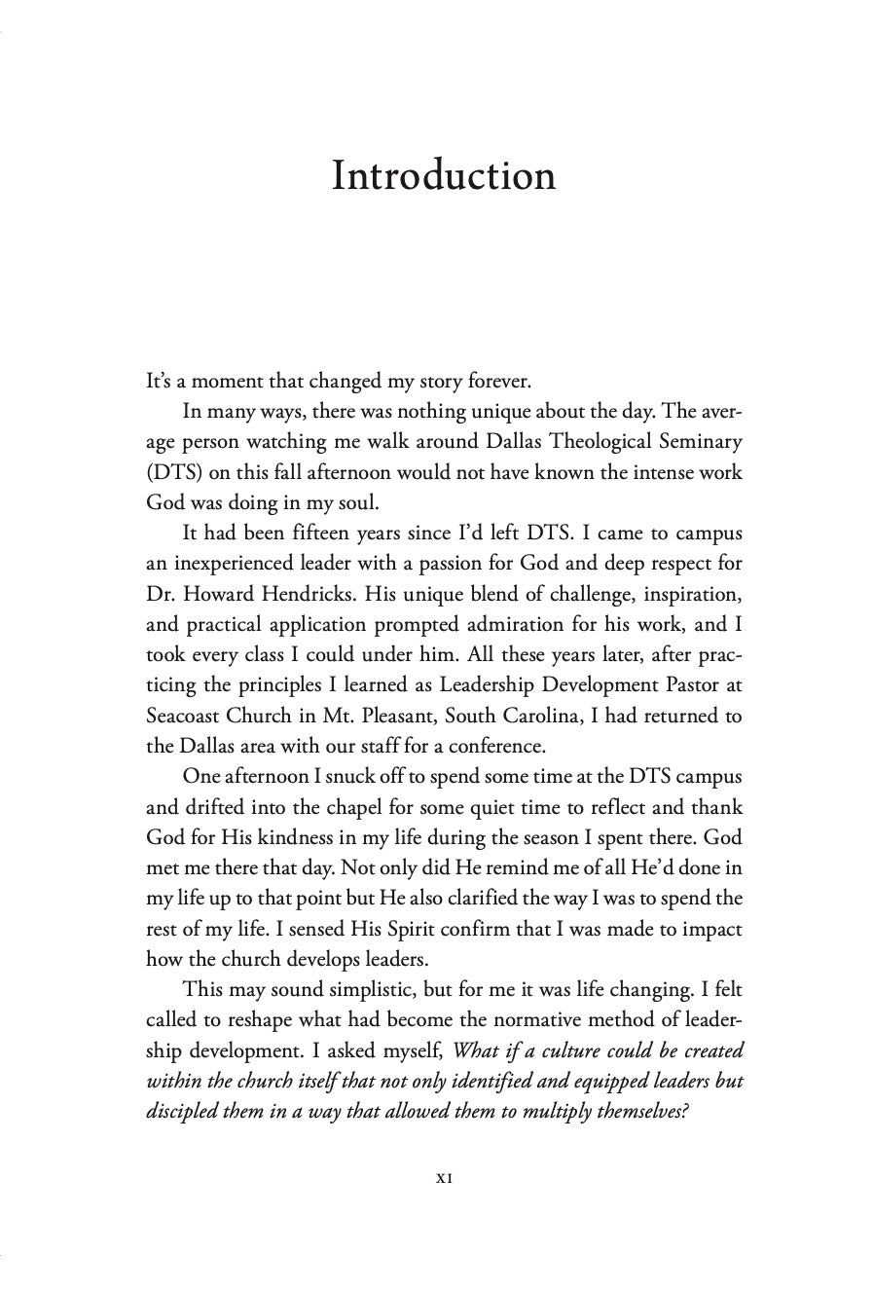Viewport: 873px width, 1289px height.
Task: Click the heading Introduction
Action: [x=444, y=176]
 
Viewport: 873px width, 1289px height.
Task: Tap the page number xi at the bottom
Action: [x=444, y=1177]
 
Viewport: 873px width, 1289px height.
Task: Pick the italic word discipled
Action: [x=182, y=1112]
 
